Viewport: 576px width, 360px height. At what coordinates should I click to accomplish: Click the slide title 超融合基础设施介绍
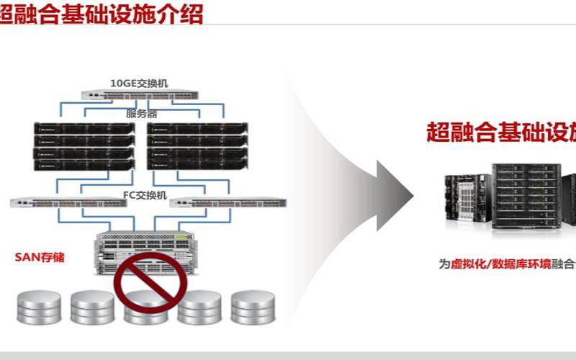[x=101, y=14]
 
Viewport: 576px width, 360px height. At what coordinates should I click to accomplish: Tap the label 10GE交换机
[x=138, y=83]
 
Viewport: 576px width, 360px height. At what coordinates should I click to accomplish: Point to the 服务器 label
[x=141, y=113]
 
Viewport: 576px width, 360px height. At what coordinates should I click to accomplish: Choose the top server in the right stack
[x=198, y=129]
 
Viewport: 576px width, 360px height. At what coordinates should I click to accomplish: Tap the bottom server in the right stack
[x=198, y=165]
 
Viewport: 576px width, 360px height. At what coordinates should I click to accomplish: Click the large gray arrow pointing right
[x=395, y=195]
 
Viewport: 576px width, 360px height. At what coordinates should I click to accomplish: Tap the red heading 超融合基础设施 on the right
[x=500, y=132]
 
